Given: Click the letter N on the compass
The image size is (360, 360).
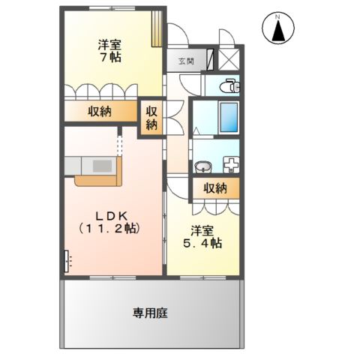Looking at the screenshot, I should click(277, 16).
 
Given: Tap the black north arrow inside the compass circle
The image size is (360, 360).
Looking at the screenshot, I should click(277, 31).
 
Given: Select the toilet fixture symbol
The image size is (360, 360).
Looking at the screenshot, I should click(230, 88).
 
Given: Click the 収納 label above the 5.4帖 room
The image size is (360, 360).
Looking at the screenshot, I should click(214, 189).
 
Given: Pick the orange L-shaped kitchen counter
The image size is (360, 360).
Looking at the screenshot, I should click(97, 180).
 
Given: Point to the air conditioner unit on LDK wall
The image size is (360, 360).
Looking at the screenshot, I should click(67, 261).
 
